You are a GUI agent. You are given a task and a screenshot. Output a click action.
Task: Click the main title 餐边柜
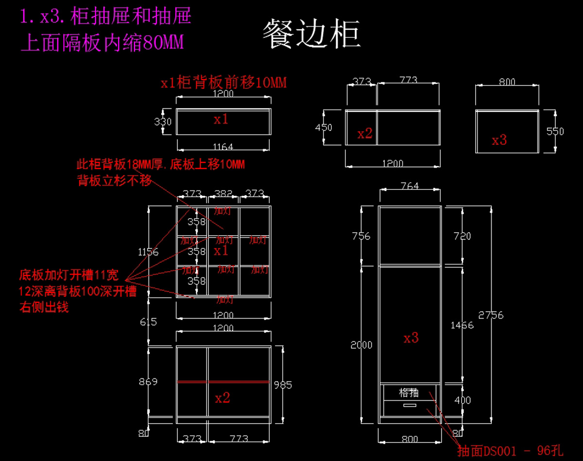(x=311, y=34)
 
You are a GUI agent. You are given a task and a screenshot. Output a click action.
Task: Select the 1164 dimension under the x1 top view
(x=223, y=146)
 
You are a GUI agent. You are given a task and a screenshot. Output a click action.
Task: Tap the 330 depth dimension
(x=163, y=121)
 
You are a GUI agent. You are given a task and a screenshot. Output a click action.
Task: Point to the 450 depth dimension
(x=324, y=127)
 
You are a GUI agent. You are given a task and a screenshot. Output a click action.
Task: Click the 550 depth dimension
(x=555, y=131)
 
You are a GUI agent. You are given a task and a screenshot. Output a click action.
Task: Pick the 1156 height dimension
(x=148, y=252)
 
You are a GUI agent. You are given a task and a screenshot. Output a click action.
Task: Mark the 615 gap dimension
(x=148, y=322)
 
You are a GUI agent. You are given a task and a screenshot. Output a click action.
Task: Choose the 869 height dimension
(x=148, y=381)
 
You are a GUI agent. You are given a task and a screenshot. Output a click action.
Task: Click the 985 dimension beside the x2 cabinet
(x=283, y=385)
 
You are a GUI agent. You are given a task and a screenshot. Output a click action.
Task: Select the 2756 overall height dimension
(x=491, y=315)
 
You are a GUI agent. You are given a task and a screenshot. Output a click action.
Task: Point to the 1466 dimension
(x=462, y=325)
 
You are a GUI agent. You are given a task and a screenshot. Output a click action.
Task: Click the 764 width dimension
(x=410, y=186)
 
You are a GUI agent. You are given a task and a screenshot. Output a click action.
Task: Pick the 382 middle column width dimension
(x=223, y=194)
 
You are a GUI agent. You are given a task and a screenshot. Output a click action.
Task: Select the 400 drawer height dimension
(x=462, y=400)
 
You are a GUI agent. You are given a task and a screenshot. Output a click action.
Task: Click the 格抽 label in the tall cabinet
(x=409, y=392)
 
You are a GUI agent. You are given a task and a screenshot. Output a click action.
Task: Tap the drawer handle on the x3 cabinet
(x=410, y=405)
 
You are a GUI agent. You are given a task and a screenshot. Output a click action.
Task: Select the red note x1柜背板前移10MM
(x=223, y=83)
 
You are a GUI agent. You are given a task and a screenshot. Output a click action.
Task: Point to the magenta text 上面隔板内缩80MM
(x=103, y=44)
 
